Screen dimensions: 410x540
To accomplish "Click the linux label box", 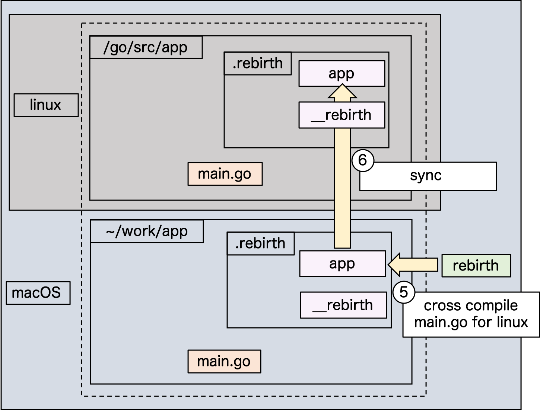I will tap(46, 105).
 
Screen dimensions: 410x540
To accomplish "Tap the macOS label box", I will tap(38, 293).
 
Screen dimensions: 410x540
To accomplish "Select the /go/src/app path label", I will tap(146, 48).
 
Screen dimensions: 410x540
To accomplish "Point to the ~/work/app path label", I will tap(147, 231).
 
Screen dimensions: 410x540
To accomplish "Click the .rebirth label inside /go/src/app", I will tap(257, 64).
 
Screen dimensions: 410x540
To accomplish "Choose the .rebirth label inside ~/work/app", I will tap(260, 244).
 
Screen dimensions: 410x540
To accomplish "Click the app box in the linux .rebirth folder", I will tap(342, 74).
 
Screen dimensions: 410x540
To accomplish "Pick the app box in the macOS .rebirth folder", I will tap(342, 264).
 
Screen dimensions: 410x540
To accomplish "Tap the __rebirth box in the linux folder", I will tap(342, 115).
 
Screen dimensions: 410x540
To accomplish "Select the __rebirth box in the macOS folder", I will tap(343, 305).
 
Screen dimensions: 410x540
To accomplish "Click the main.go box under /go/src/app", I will tap(225, 174).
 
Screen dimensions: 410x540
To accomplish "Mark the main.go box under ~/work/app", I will tap(224, 361).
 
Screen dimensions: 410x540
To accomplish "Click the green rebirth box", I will tap(476, 266).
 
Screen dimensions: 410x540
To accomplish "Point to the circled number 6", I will tap(362, 160).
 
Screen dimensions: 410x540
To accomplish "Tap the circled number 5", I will tap(404, 292).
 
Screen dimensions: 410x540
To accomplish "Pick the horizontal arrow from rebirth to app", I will tap(413, 265).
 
